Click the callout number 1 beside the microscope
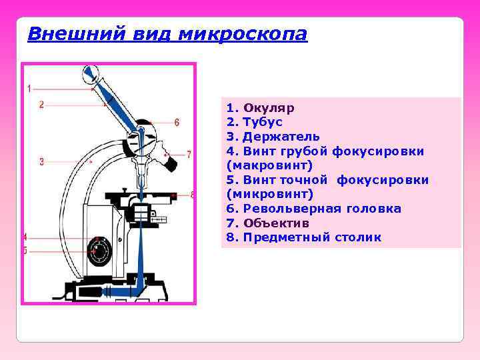(29, 88)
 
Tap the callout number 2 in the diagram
(41, 104)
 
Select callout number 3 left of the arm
(41, 161)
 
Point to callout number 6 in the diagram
(177, 122)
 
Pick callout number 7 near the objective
(189, 155)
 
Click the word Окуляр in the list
(269, 108)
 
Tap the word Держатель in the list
(281, 137)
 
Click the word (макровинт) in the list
(261, 165)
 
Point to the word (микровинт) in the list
(261, 194)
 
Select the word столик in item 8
(359, 237)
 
